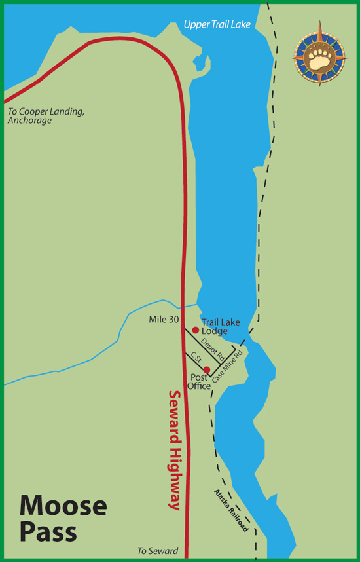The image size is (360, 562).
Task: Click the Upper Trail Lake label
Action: pyautogui.click(x=217, y=25)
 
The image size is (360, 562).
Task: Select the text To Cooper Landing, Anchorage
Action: pyautogui.click(x=45, y=116)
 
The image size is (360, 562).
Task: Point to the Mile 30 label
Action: pyautogui.click(x=164, y=320)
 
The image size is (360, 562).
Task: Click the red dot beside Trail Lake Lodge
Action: pyautogui.click(x=195, y=330)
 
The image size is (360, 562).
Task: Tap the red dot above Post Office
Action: pyautogui.click(x=207, y=369)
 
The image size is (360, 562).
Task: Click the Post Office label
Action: pyautogui.click(x=200, y=382)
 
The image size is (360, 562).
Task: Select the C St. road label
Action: pyautogui.click(x=195, y=359)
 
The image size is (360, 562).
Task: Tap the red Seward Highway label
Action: pyautogui.click(x=174, y=450)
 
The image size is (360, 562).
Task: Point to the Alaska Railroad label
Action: pyautogui.click(x=231, y=510)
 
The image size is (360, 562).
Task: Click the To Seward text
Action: pyautogui.click(x=158, y=551)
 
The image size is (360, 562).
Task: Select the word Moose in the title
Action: pyautogui.click(x=63, y=506)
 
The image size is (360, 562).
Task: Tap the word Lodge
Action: pyautogui.click(x=215, y=331)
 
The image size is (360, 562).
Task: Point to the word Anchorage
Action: pyautogui.click(x=29, y=121)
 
